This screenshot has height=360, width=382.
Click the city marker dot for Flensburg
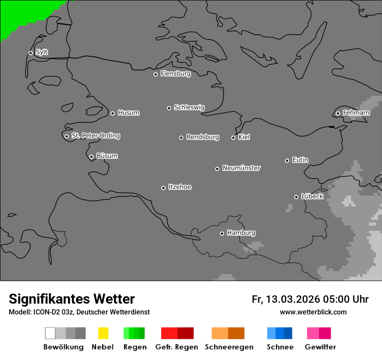pos(155,74)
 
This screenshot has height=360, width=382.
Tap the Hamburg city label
pos(241,233)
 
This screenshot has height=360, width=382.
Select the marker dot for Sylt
pos(30,53)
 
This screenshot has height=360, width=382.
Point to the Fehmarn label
pos(356,113)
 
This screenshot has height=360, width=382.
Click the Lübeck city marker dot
pos(296,197)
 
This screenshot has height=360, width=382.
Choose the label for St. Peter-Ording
pos(95,136)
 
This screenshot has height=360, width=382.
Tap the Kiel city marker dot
pos(233,137)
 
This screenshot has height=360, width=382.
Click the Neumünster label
pos(241,168)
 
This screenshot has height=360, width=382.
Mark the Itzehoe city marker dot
pos(163,188)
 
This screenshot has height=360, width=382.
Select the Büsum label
pos(107,156)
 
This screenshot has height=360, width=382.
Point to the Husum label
pos(128,113)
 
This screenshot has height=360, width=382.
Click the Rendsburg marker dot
pos(181,137)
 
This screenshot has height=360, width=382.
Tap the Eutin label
pos(300,160)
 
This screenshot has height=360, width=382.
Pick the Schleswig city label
pos(189,107)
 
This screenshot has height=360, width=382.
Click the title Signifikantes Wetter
pos(72,299)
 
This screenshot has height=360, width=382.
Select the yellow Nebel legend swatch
pos(103,333)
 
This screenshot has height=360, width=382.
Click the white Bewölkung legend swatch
pos(50,333)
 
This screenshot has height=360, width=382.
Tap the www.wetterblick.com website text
pos(313,312)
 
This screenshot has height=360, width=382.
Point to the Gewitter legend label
pos(320,347)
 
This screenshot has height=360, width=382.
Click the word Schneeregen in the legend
pos(229,347)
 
